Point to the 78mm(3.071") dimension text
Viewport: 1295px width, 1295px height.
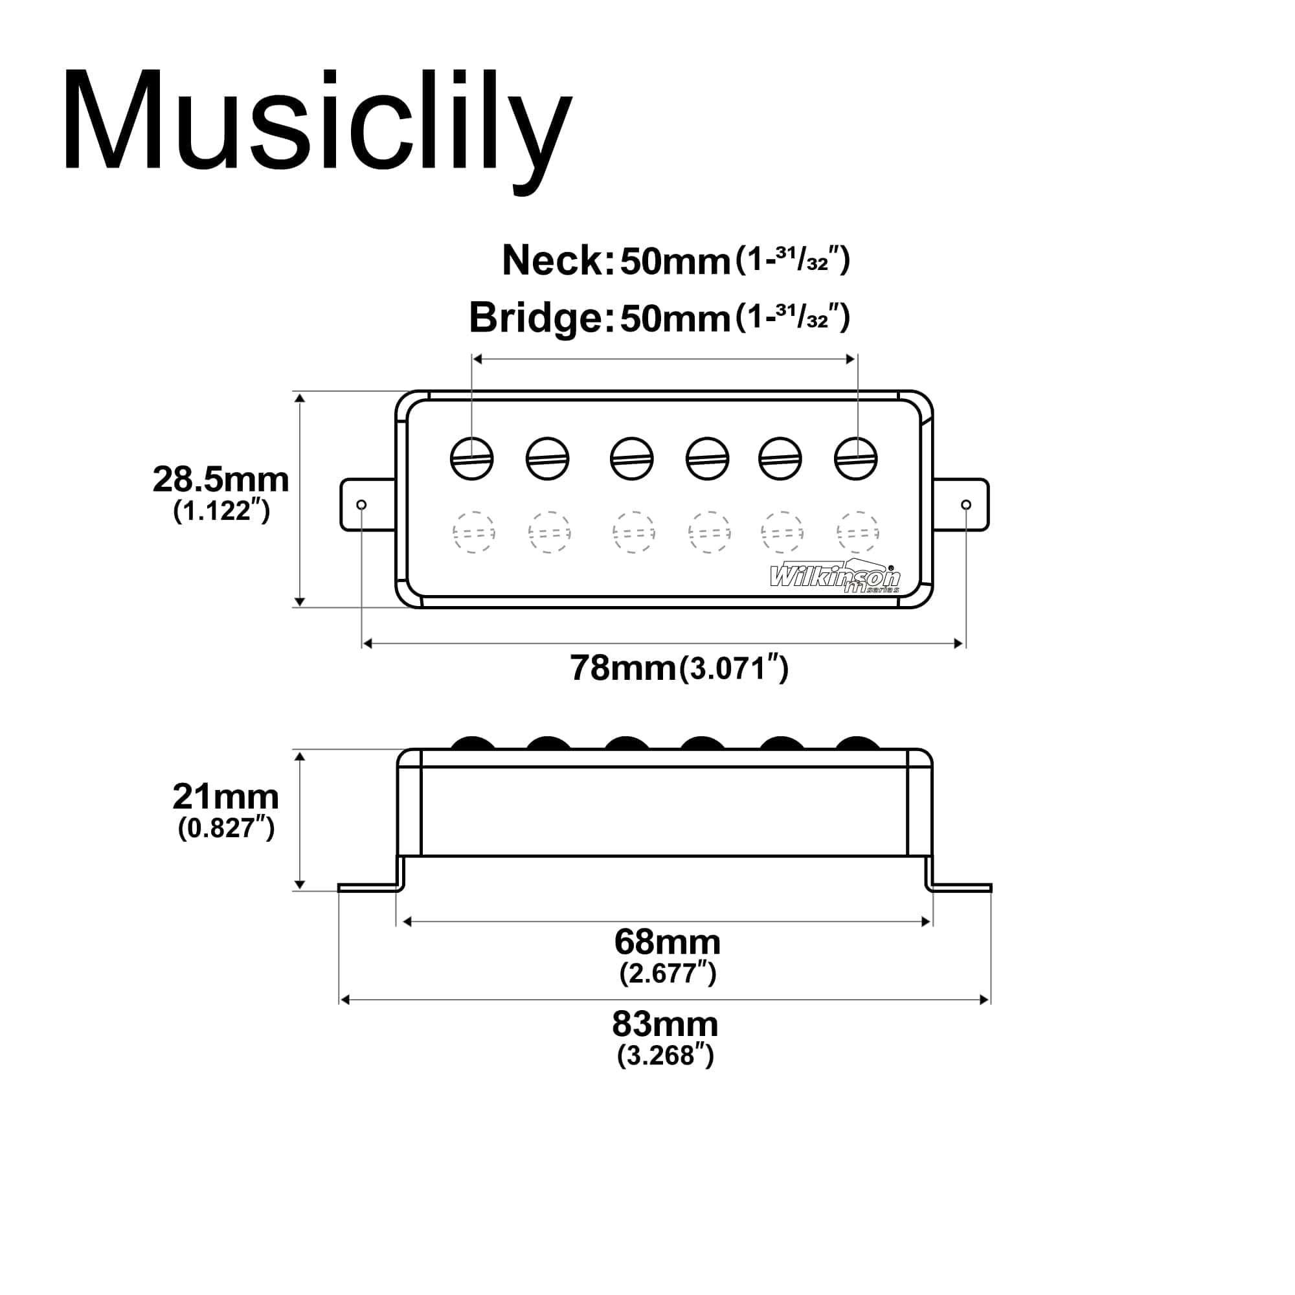[x=679, y=668]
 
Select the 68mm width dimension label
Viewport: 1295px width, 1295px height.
[x=667, y=942]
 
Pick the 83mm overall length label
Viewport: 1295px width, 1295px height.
[x=665, y=1024]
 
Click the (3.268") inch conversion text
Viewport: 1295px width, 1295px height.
[x=665, y=1055]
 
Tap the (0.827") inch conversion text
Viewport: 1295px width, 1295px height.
[x=226, y=829]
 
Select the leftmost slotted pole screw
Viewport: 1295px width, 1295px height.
[x=472, y=458]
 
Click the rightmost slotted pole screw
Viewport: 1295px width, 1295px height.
[x=855, y=458]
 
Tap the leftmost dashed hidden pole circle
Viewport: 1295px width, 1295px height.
[x=473, y=532]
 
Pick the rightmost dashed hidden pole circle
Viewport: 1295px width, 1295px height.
[x=857, y=532]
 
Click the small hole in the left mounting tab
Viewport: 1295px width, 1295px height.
[x=361, y=504]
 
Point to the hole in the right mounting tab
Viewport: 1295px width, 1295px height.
[x=966, y=504]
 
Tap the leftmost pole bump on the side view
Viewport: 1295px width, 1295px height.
[x=473, y=743]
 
